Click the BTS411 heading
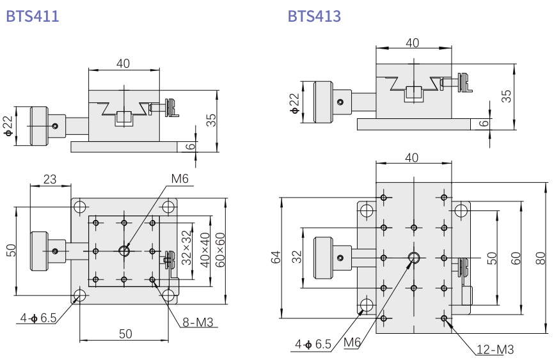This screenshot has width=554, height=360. [x=32, y=16]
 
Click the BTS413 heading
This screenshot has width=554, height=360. [x=314, y=16]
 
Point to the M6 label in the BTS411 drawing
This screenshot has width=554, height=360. [x=179, y=180]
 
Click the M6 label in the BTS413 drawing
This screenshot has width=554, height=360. [x=352, y=343]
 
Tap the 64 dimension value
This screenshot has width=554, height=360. [x=276, y=257]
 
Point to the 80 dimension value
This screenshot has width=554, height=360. [x=541, y=258]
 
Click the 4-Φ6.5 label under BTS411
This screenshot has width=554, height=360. [x=38, y=317]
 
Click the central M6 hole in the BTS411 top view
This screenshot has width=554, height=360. [x=125, y=250]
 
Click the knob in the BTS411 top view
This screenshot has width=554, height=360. [x=41, y=250]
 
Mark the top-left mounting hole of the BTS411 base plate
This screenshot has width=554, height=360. [x=80, y=207]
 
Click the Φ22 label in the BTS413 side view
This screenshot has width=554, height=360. [x=294, y=102]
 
